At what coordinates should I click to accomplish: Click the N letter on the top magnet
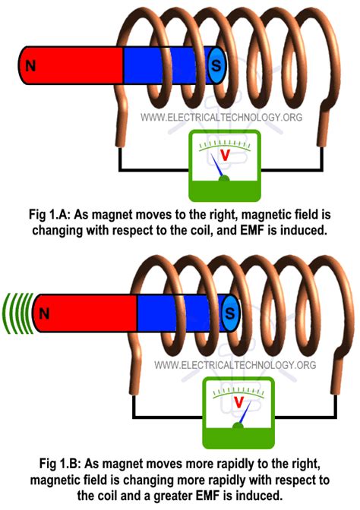tap(30, 66)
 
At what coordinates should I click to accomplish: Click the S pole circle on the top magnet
tap(216, 66)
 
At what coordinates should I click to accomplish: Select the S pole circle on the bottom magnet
tap(230, 312)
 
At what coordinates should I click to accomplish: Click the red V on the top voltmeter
tap(224, 154)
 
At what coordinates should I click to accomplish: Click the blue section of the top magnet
tap(163, 66)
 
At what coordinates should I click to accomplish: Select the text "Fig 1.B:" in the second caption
tap(54, 464)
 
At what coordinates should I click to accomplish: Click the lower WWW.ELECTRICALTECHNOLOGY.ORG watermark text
tap(235, 365)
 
